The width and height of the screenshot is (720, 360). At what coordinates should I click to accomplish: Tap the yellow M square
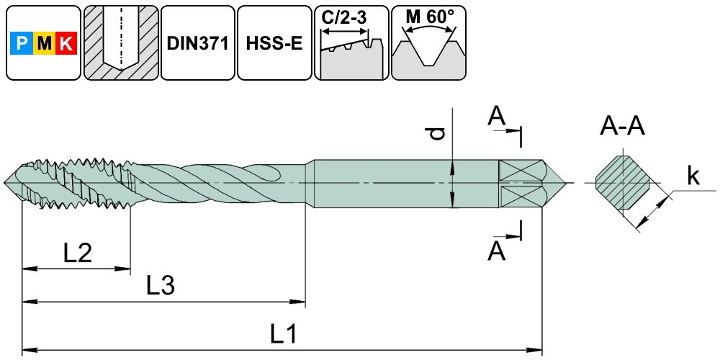44,45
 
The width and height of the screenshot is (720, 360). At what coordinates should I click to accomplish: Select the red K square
66,45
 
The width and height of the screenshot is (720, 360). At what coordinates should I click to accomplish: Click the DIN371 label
197,43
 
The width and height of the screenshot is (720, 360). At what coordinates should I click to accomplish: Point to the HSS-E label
274,43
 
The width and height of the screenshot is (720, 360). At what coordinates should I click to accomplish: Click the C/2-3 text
345,17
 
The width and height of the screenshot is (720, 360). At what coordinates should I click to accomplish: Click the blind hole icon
120,43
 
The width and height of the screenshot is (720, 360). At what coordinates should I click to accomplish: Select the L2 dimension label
76,253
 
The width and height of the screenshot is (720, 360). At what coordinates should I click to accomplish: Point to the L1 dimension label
284,334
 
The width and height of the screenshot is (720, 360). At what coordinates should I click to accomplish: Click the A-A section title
623,127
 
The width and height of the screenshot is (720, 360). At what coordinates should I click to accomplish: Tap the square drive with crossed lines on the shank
519,184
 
